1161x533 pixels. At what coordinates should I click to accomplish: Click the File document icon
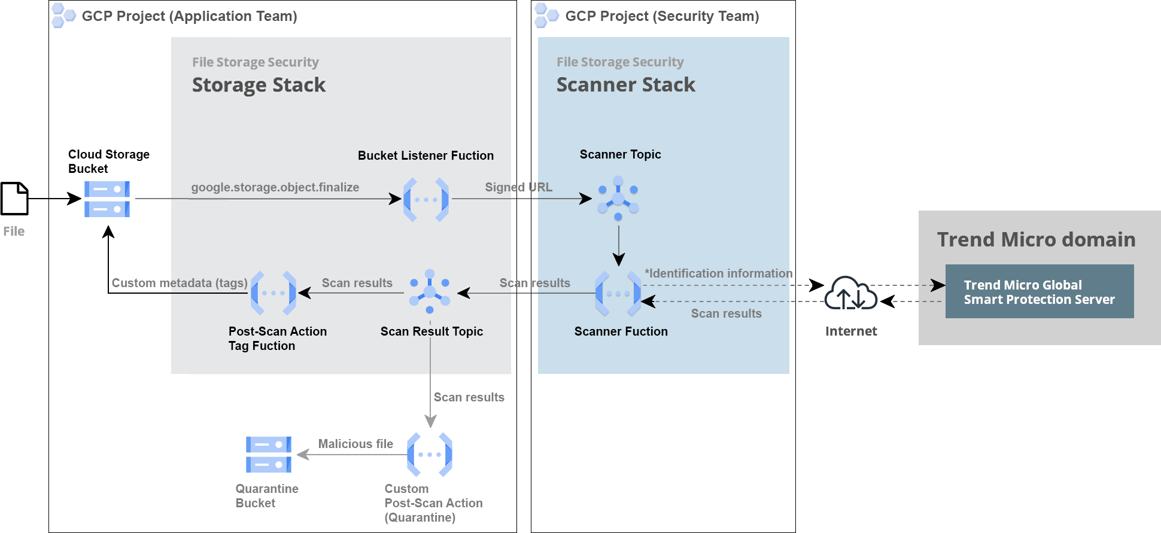click(x=14, y=199)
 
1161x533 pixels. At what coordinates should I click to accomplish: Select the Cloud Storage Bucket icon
click(x=107, y=199)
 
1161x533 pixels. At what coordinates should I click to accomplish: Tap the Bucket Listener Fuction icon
click(x=426, y=200)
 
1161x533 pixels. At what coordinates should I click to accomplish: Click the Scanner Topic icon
click(x=618, y=198)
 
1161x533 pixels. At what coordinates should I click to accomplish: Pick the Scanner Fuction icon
click(x=618, y=294)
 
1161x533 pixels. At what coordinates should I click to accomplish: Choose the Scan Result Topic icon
click(x=430, y=292)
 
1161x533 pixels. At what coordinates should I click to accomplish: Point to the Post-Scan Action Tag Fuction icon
click(x=273, y=293)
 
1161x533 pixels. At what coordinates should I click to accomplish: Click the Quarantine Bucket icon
click(x=269, y=455)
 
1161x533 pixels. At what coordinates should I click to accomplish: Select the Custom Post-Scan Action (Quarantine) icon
click(x=430, y=455)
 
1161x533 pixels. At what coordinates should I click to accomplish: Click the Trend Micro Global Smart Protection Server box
click(x=1039, y=292)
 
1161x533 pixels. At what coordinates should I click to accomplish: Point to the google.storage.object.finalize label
click(x=275, y=187)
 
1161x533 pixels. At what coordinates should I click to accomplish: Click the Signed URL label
click(x=518, y=187)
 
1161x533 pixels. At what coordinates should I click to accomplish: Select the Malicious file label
click(x=355, y=444)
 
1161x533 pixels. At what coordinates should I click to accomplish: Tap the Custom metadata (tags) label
click(x=180, y=283)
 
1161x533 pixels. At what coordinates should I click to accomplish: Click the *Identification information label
click(x=718, y=273)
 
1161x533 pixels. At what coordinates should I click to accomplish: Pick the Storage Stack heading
click(x=259, y=85)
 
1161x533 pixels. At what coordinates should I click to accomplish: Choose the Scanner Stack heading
click(x=625, y=85)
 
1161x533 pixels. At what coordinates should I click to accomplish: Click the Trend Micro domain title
click(x=1036, y=239)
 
